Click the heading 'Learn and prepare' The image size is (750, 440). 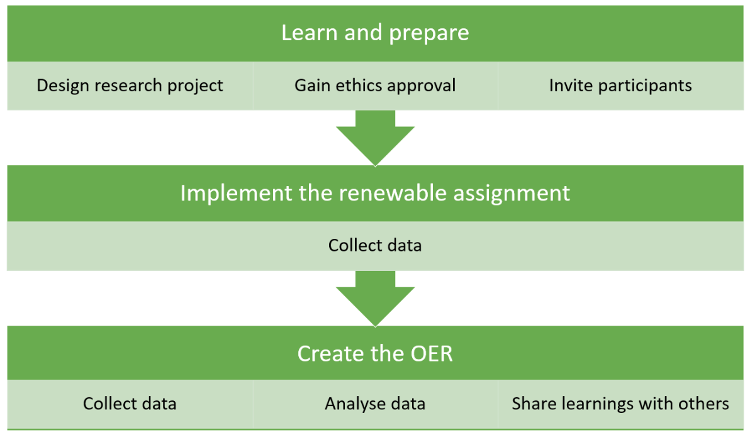pos(375,33)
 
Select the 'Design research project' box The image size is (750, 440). pos(130,85)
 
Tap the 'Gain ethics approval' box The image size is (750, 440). pos(375,85)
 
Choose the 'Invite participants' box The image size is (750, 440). pos(620,85)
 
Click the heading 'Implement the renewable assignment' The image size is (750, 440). pos(375,193)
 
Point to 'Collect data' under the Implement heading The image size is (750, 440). pos(375,245)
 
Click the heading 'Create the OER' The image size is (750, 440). pos(375,353)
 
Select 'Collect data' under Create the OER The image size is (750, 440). pos(130,404)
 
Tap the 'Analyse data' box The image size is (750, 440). pos(375,404)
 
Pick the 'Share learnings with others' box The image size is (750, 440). pos(620,404)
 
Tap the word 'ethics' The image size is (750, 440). pos(363,85)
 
